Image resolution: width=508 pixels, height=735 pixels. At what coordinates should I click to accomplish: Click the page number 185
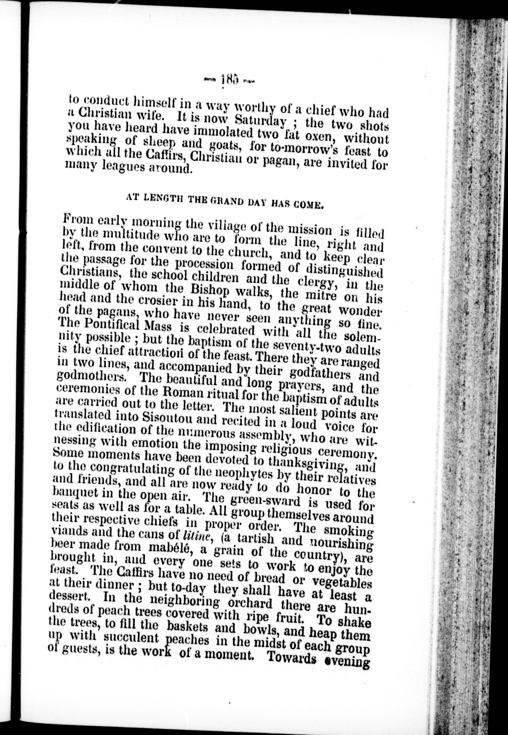coord(229,79)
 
